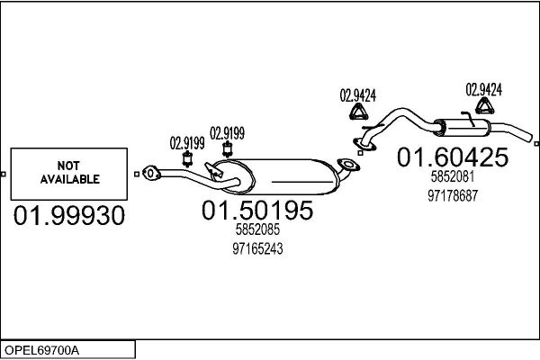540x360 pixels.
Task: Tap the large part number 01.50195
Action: point(257,211)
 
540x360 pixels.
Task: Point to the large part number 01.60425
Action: point(453,158)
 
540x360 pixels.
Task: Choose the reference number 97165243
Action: point(257,249)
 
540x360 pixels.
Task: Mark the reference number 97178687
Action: point(453,194)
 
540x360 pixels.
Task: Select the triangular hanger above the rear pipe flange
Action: point(357,113)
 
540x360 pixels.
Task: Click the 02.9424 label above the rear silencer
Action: point(483,89)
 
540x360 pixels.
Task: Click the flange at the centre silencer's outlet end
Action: point(346,165)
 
